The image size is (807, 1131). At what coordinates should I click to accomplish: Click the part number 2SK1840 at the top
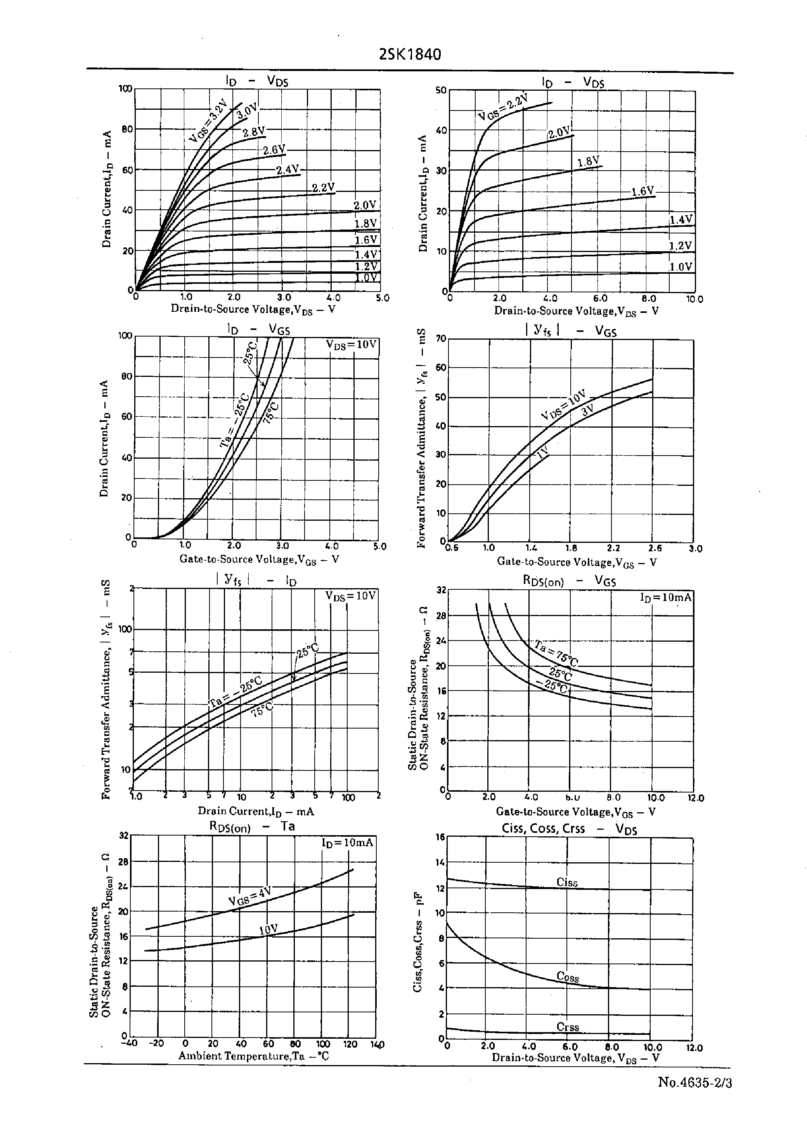(x=409, y=54)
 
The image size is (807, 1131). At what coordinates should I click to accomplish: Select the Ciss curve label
(x=567, y=882)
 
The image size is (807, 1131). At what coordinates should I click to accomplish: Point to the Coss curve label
(x=568, y=977)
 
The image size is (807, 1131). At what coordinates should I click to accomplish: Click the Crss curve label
(x=568, y=1027)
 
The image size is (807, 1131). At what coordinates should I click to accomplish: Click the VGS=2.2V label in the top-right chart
(x=503, y=108)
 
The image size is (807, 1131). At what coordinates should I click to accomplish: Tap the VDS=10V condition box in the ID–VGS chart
(x=352, y=345)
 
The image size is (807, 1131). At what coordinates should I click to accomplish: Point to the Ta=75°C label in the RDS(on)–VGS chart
(x=556, y=653)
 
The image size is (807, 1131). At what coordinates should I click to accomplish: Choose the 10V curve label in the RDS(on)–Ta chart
(x=268, y=929)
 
